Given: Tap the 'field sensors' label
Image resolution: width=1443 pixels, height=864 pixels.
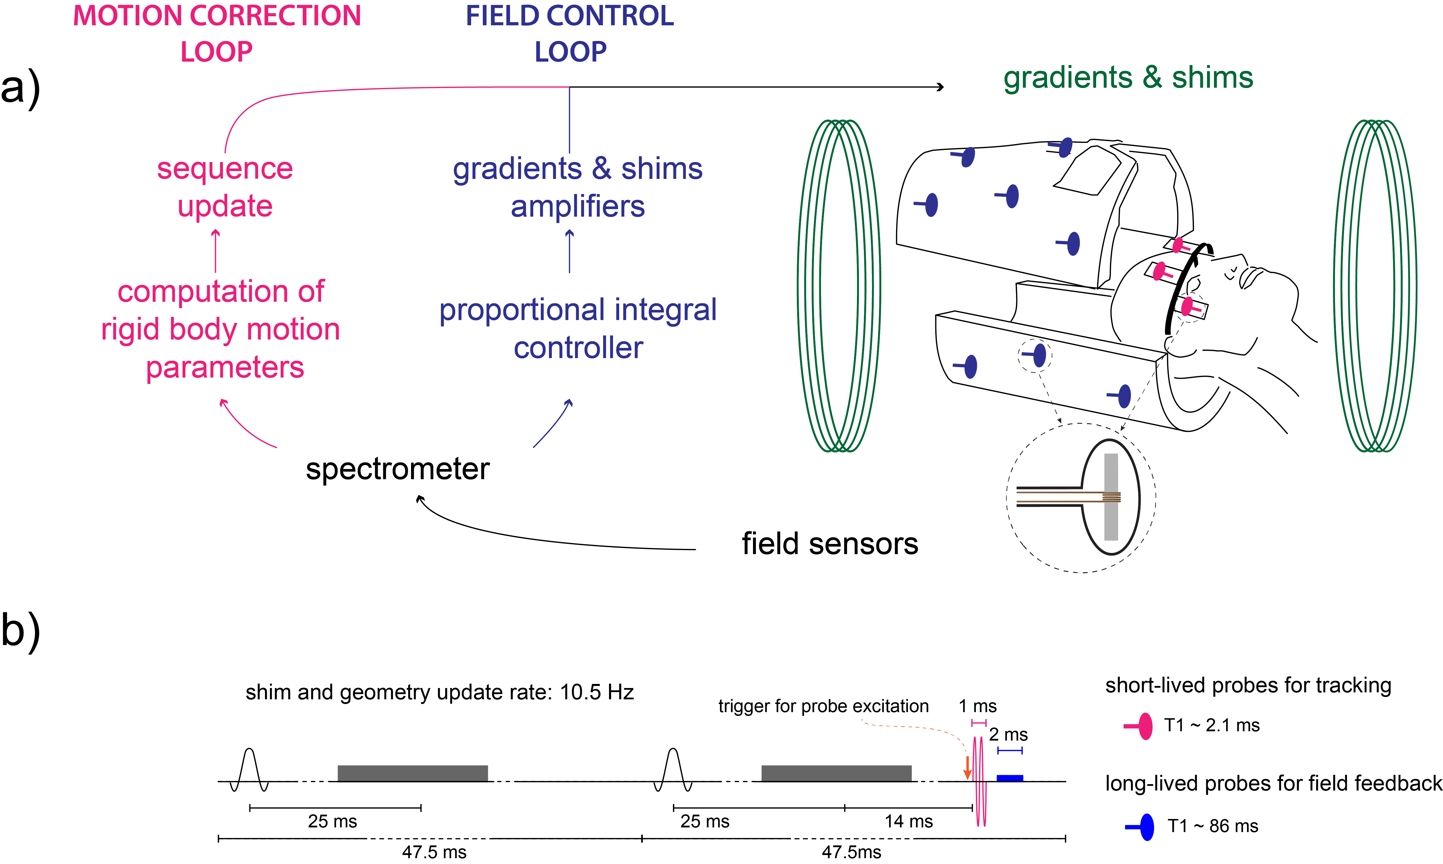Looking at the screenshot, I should pos(830,544).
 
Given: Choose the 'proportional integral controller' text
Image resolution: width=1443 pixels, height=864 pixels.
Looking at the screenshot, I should pos(578,328).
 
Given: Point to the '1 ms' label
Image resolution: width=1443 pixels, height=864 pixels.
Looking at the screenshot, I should pos(977,706).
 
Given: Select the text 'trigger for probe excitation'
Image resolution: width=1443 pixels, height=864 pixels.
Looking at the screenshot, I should pos(823,706).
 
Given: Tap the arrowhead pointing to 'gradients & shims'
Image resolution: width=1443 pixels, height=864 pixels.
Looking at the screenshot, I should pos(940,87).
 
